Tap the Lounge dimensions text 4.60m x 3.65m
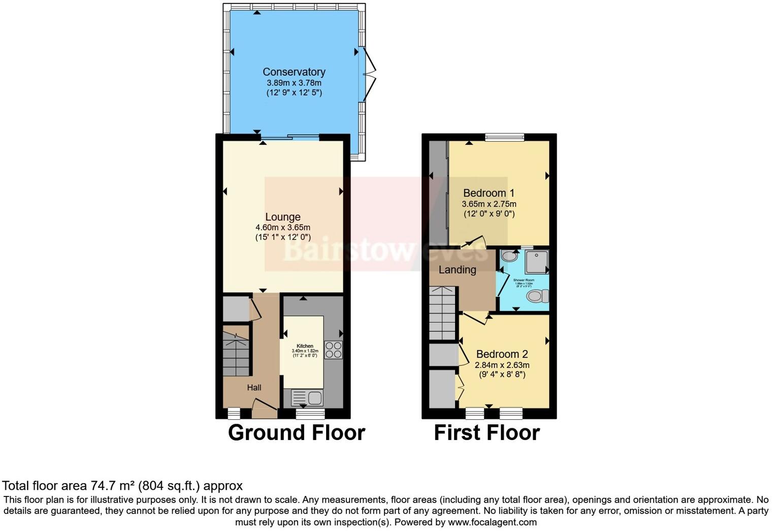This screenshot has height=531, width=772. [282, 228]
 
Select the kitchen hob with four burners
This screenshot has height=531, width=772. [334, 350]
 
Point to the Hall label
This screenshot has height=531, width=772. [254, 388]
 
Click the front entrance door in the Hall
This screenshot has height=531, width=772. [265, 405]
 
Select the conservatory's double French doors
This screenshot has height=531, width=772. [369, 76]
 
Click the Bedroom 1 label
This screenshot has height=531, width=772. [489, 193]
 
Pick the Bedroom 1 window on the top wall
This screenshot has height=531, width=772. [504, 137]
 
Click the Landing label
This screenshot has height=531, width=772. [457, 270]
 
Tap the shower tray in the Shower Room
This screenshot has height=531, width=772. [536, 262]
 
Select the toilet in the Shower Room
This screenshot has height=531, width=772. [537, 296]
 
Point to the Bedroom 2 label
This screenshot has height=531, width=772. [502, 354]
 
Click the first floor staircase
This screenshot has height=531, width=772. [443, 313]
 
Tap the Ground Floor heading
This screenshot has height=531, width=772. [297, 433]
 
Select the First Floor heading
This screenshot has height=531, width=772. [487, 433]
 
